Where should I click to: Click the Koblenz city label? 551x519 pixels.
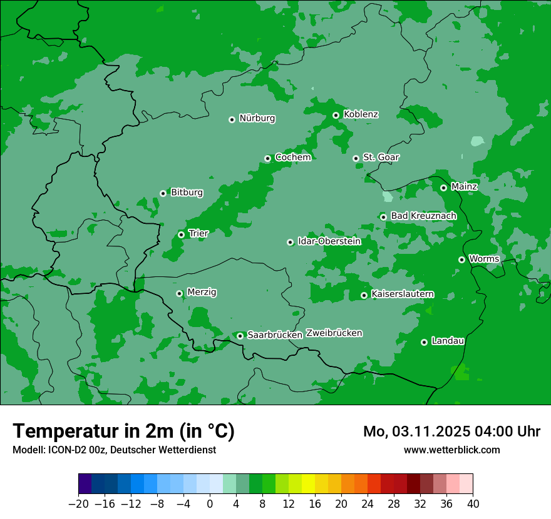point(361,114)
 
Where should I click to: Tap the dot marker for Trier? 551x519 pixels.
point(182,234)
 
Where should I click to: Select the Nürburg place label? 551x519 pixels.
point(257,118)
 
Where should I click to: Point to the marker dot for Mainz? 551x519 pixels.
point(443,188)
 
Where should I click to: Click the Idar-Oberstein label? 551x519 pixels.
point(329,241)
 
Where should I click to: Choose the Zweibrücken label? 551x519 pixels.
point(334,333)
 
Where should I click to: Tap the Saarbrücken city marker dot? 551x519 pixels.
point(240,336)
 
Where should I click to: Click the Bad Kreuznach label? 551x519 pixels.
point(423,216)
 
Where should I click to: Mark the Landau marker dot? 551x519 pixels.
point(424,342)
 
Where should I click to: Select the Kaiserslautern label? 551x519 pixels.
point(403,295)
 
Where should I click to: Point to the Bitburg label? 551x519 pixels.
point(187,193)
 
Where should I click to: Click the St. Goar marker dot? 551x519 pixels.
point(356,158)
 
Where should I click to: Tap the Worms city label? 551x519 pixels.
point(484,259)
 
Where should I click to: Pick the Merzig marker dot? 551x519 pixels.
point(179,293)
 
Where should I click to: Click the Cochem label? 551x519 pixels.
point(293,158)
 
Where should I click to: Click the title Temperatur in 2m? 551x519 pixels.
point(123,431)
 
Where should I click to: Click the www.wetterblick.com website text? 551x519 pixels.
point(451,450)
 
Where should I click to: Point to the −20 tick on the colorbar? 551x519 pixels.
point(79,504)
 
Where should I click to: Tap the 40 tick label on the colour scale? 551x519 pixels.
point(473,504)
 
